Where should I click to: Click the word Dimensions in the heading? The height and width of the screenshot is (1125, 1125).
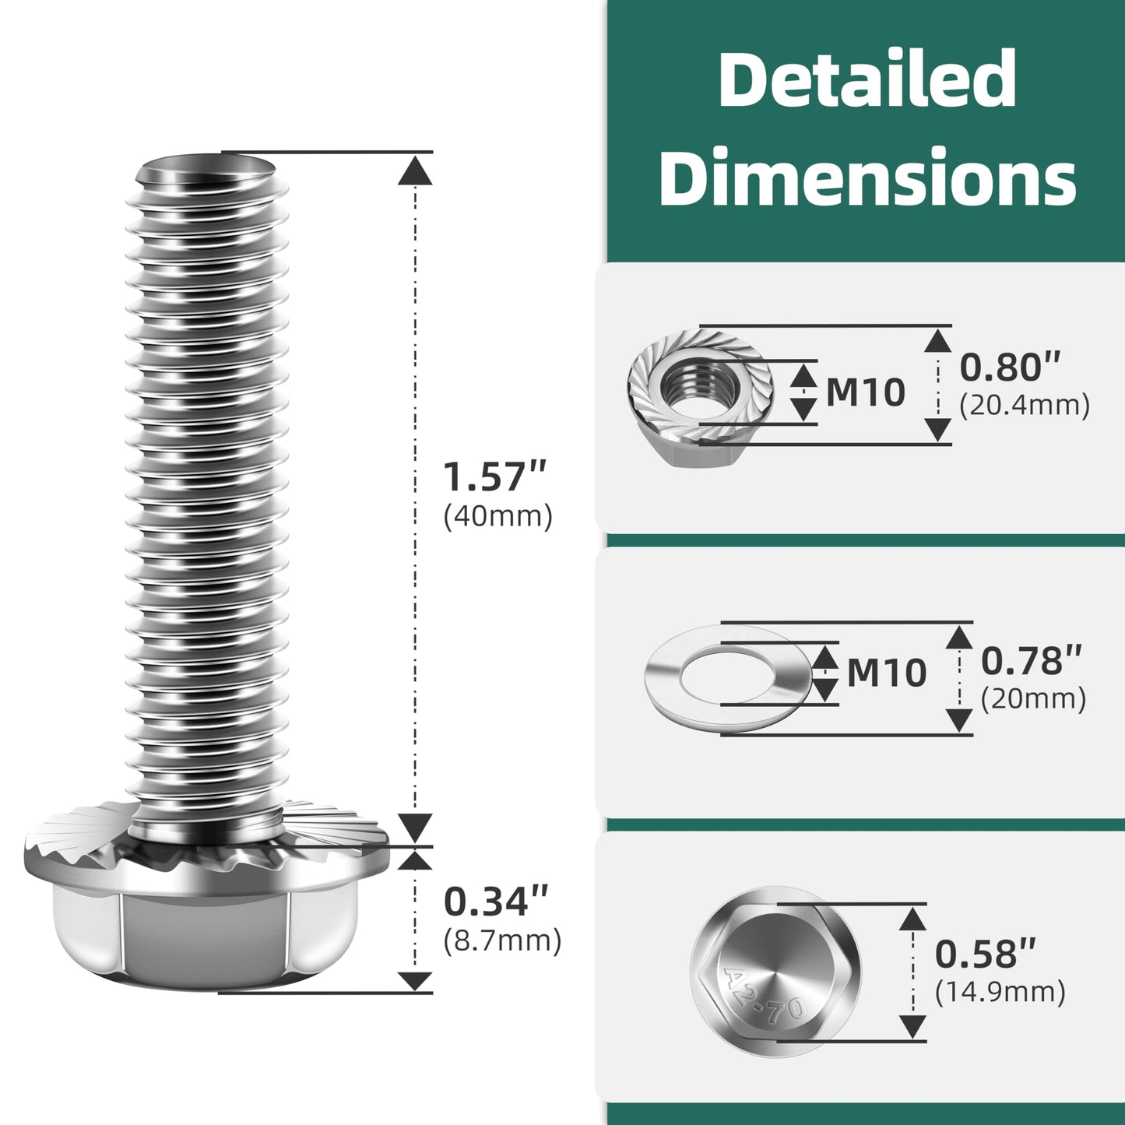867,178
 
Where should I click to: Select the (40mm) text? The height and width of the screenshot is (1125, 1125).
497,516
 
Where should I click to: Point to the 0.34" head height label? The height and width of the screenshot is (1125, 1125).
496,902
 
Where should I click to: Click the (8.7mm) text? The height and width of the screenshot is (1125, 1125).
502,940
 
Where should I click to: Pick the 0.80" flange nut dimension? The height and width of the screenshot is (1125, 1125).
1010,367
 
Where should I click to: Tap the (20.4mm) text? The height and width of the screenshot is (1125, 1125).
1024,406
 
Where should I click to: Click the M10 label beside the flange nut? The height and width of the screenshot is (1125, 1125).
865,392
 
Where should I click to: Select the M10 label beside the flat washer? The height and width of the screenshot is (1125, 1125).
886,673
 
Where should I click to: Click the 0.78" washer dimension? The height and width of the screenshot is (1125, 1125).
1031,661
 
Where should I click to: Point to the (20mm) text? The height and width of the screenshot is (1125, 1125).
1033,699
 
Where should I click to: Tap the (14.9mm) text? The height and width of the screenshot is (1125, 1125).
1000,992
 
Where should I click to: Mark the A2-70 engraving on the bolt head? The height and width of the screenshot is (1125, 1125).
763,997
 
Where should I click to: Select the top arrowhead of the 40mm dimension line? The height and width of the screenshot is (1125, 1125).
415,171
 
